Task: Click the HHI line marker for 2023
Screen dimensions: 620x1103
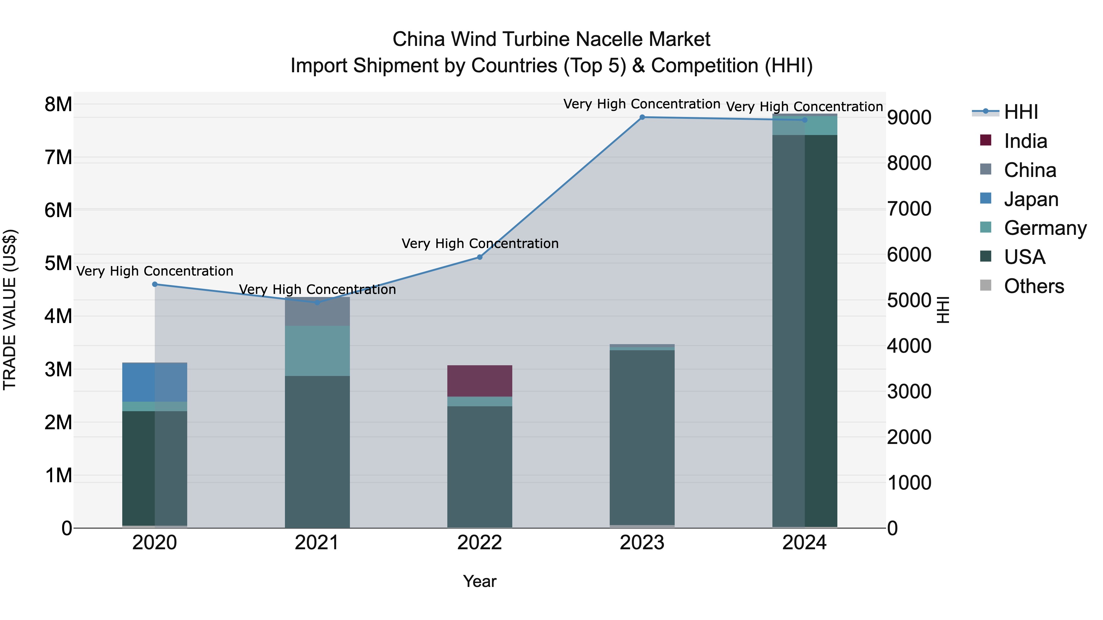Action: pos(642,117)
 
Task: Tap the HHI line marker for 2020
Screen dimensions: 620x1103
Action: pos(155,284)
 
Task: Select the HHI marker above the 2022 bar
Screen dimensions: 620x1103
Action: pos(479,257)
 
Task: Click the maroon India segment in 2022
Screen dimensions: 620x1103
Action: pos(479,381)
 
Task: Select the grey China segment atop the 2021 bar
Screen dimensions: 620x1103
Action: pos(317,311)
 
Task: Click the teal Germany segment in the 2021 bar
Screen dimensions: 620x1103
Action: pos(317,351)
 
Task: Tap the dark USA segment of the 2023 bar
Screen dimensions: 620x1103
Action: pos(642,436)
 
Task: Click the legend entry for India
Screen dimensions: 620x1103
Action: pos(1025,141)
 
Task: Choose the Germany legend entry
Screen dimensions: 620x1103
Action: pos(1045,228)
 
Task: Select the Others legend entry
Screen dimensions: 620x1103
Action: pos(1034,286)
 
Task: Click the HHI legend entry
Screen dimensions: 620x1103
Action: pos(1021,112)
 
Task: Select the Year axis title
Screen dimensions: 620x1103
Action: pos(479,581)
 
